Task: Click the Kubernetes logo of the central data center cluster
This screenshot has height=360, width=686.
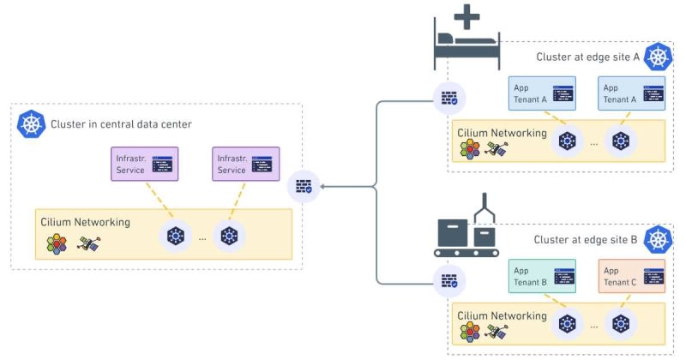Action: (x=32, y=124)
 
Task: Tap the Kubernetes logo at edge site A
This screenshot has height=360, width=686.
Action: (x=658, y=57)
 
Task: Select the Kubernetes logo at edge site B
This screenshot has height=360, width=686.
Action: (x=658, y=240)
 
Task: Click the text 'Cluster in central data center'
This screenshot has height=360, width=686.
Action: (x=121, y=124)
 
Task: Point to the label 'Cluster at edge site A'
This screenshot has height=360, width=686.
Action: (x=587, y=57)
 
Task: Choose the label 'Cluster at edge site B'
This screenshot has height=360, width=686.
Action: (x=586, y=240)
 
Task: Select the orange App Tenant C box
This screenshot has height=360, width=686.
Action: (x=632, y=276)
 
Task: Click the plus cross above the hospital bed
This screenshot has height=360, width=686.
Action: (x=466, y=14)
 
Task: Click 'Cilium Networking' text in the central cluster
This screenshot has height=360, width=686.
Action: (x=86, y=222)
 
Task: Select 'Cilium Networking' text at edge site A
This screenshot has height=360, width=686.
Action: (x=502, y=133)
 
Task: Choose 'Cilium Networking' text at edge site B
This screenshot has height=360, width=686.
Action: (x=502, y=315)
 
